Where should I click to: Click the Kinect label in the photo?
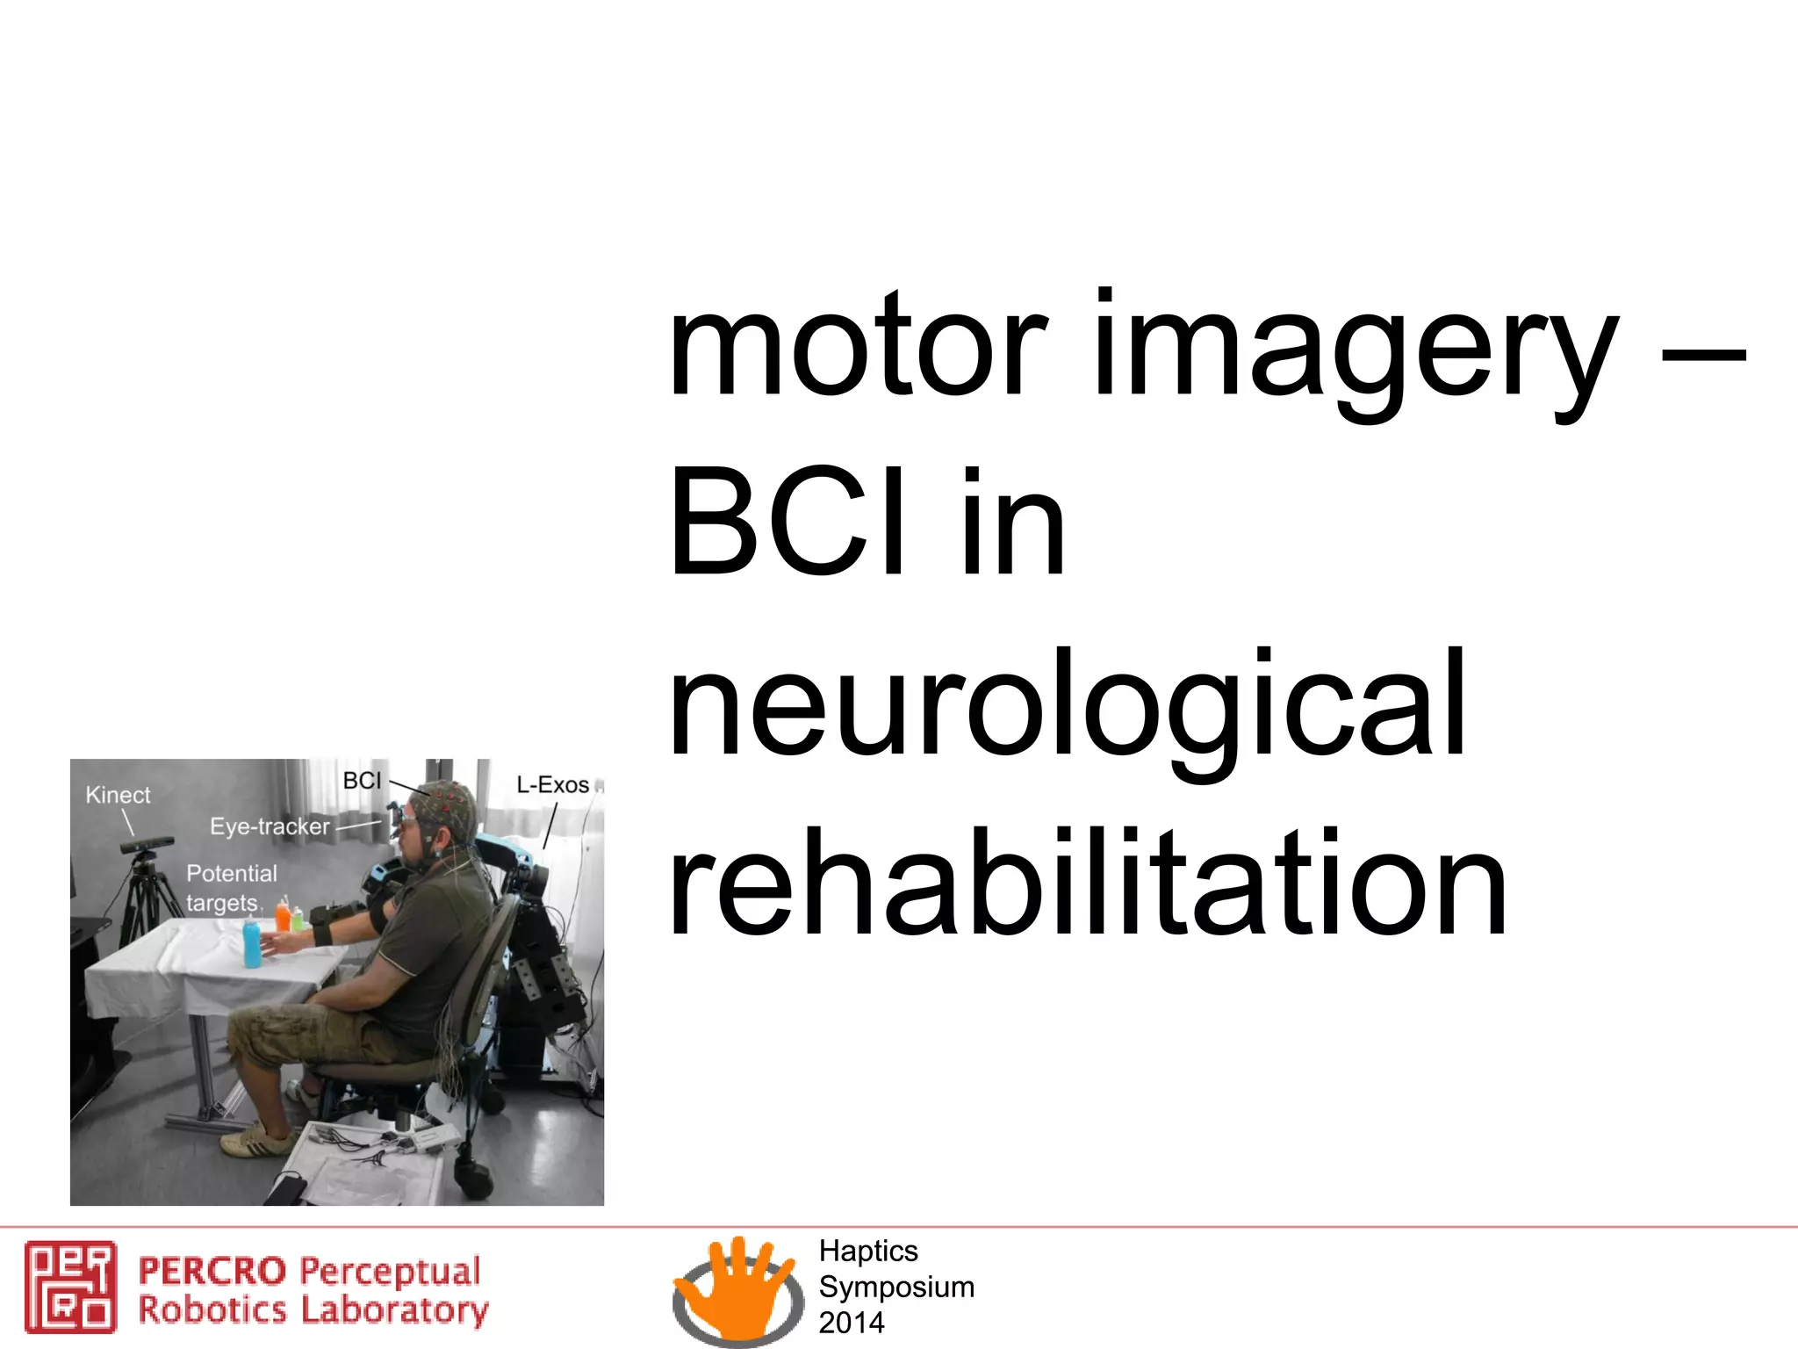[118, 795]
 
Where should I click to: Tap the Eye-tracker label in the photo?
[270, 826]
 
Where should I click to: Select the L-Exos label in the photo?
[552, 784]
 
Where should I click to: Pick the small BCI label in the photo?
[362, 781]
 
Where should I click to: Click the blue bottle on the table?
[253, 941]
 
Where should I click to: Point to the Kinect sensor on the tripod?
[147, 845]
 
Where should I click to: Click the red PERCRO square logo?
[70, 1286]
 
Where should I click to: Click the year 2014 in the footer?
[851, 1323]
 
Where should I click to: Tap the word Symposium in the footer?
[896, 1287]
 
